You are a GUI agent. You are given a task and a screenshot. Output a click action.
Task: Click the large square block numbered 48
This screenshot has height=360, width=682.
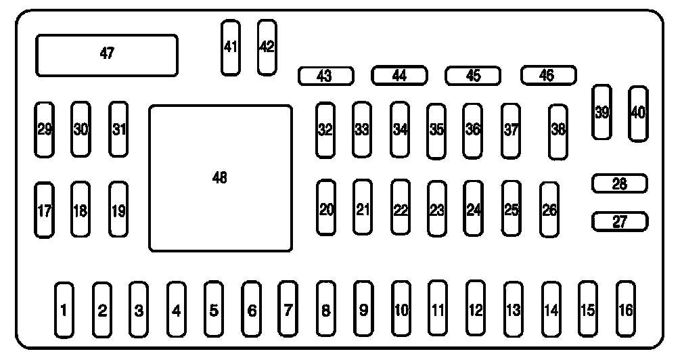[220, 178]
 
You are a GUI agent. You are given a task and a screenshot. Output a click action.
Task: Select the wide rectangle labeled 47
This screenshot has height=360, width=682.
[107, 55]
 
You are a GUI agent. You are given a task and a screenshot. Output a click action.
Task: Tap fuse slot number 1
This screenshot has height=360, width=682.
[64, 310]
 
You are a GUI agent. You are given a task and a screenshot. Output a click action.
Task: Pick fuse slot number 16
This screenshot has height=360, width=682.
[626, 309]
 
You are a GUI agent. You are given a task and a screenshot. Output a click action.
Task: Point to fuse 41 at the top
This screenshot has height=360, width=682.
[231, 47]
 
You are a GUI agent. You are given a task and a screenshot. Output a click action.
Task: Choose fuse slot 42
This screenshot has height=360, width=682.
[267, 47]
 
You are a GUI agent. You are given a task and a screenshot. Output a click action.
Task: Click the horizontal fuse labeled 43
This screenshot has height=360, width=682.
[325, 76]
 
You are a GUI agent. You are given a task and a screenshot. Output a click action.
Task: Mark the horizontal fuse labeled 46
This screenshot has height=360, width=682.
[548, 75]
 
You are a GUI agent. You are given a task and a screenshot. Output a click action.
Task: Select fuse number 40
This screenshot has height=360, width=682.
[637, 114]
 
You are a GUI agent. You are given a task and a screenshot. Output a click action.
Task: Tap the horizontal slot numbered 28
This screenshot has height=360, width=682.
[620, 183]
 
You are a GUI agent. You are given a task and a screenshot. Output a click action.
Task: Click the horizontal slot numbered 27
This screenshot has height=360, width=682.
[620, 221]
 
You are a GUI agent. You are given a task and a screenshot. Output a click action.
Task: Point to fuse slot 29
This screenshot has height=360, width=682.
[45, 129]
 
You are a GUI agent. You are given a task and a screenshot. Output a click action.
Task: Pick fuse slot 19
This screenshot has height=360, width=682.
[118, 210]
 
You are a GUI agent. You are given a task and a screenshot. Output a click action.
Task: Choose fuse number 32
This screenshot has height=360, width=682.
[325, 130]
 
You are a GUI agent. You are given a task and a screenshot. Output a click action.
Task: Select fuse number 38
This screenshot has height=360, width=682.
[558, 131]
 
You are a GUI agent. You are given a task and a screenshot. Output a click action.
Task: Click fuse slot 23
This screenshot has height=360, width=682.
[437, 209]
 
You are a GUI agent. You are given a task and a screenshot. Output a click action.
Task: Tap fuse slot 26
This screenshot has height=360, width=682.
[549, 210]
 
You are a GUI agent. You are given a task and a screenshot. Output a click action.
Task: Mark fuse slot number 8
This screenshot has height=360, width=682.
[325, 310]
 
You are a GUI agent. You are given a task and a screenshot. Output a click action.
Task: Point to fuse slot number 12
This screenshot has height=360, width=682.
[476, 309]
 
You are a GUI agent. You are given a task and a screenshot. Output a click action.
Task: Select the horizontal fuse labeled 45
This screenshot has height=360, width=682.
[473, 76]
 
